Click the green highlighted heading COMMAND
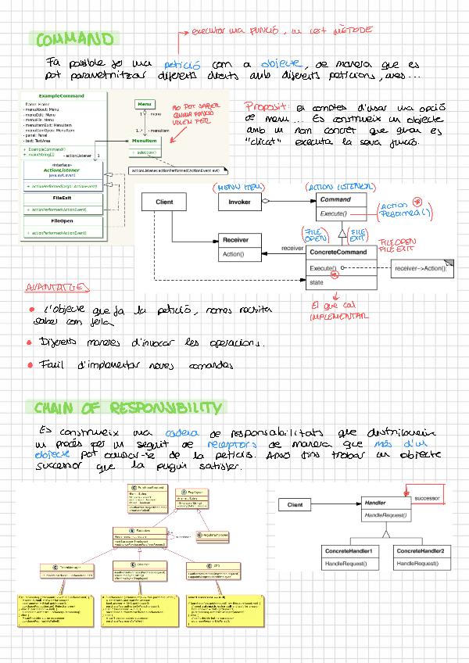click(75, 39)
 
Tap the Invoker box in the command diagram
click(239, 202)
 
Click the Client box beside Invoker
click(164, 202)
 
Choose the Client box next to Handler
click(295, 505)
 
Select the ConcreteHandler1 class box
click(348, 552)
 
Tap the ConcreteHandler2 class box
click(420, 552)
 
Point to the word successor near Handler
click(427, 497)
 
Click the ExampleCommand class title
click(59, 95)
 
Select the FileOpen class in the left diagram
click(62, 220)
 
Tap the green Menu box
click(144, 104)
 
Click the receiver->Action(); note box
click(420, 268)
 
